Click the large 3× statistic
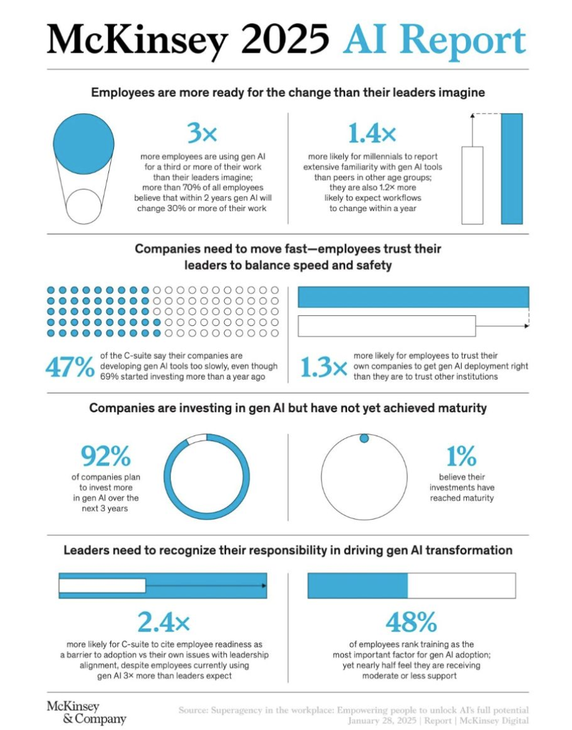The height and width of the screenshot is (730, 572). (x=202, y=133)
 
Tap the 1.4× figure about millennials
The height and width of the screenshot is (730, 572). (x=372, y=133)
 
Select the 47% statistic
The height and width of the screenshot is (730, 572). (x=69, y=368)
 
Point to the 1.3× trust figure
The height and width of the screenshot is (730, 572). (x=323, y=368)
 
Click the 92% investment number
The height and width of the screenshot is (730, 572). (x=105, y=456)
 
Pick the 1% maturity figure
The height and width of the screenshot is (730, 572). (x=461, y=456)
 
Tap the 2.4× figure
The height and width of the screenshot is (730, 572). (x=163, y=622)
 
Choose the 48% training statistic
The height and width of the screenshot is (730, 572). (x=411, y=622)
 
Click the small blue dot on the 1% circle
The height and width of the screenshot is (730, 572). (x=364, y=439)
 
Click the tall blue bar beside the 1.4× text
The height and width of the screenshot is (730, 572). (x=512, y=168)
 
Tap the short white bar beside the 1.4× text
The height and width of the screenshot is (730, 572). (x=472, y=185)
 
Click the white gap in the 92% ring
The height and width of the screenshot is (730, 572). (x=197, y=439)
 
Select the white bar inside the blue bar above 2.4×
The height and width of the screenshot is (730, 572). (x=102, y=585)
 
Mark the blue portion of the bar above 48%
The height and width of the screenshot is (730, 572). (x=357, y=585)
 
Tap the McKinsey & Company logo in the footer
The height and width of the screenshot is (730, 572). (x=86, y=712)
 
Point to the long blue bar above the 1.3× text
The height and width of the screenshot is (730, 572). (x=413, y=297)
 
